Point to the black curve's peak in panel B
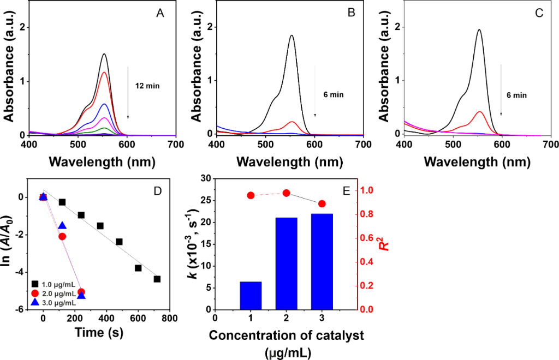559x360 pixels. (x=292, y=36)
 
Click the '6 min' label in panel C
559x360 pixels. (x=516, y=95)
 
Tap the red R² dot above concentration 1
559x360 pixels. (x=251, y=195)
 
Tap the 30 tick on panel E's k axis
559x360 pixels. (x=205, y=178)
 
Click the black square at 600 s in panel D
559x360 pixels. (x=138, y=268)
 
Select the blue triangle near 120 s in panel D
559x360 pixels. (x=62, y=226)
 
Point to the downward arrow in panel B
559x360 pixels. (x=315, y=91)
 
